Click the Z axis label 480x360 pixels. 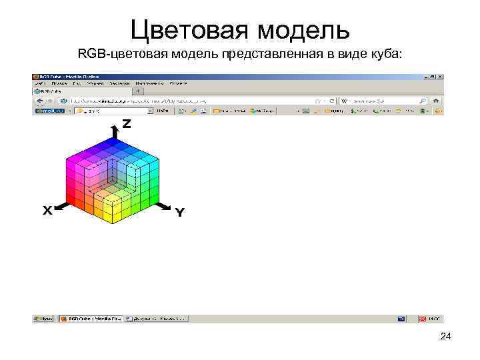pos(126,124)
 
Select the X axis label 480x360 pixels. pos(47,211)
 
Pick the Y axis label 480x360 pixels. pos(179,213)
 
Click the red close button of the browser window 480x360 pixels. pos(439,77)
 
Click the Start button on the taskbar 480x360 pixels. pos(44,319)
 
